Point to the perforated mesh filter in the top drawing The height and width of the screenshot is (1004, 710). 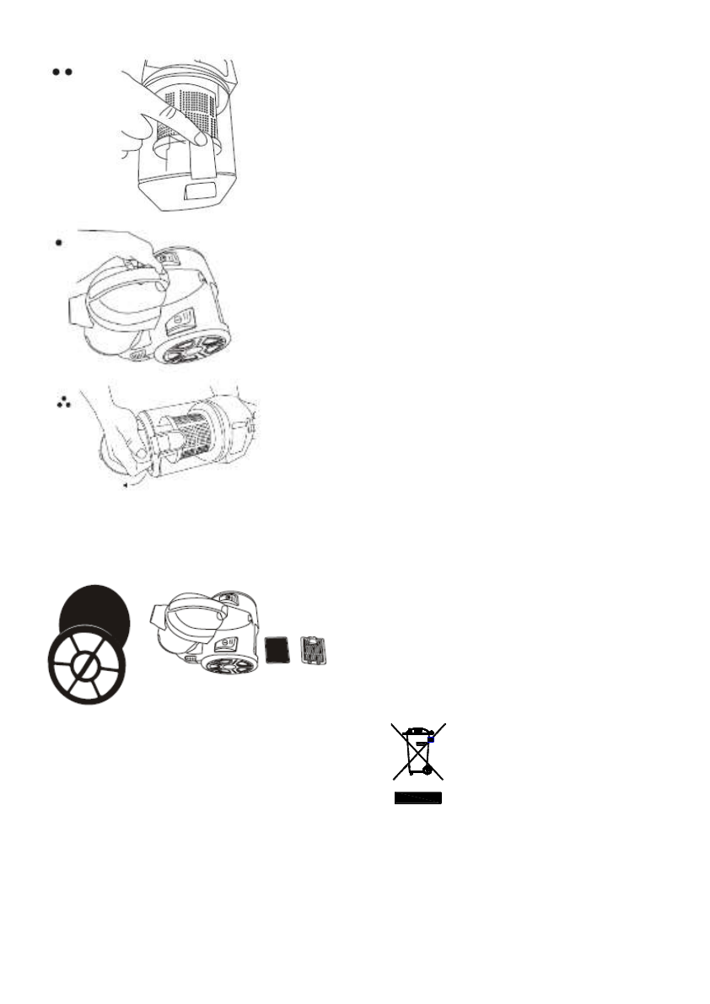coord(177,110)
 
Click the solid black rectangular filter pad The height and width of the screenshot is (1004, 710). coord(277,650)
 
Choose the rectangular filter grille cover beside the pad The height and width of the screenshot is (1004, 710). coord(313,650)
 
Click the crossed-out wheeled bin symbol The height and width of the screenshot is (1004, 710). coord(418,750)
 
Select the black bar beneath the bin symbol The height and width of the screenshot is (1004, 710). coord(418,797)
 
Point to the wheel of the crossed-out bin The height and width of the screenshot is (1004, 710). coord(428,770)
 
